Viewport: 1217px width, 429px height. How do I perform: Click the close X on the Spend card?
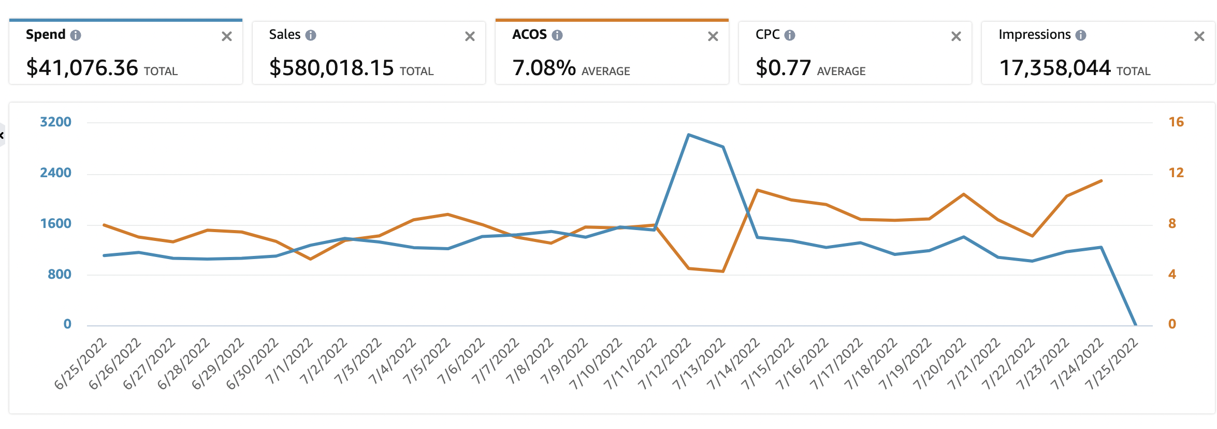[x=226, y=36]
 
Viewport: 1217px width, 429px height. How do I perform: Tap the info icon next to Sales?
[x=311, y=35]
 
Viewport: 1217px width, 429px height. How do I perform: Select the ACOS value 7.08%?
[x=544, y=68]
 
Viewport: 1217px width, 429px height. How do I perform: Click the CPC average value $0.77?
[x=783, y=68]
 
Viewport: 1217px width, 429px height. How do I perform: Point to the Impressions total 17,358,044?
[x=1054, y=68]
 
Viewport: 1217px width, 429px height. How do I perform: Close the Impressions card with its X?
[x=1199, y=36]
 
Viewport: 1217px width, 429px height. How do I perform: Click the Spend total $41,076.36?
[x=82, y=68]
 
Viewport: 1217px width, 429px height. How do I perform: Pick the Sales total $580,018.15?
[x=331, y=68]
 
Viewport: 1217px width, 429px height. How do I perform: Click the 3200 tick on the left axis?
[x=55, y=122]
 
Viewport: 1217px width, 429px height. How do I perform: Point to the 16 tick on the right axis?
[x=1176, y=122]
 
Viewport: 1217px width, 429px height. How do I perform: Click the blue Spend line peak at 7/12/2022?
[x=688, y=135]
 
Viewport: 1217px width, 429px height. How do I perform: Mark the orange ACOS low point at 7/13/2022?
[x=722, y=271]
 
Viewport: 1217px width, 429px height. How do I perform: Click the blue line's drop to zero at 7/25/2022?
[x=1136, y=325]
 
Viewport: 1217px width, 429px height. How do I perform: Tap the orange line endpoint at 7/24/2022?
[x=1102, y=181]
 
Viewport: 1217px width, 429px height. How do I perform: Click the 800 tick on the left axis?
[x=60, y=275]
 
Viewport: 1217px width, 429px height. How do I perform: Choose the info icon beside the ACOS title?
[x=557, y=35]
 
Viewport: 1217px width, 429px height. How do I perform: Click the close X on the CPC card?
[x=956, y=36]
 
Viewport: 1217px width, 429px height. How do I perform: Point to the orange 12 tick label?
[x=1176, y=173]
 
